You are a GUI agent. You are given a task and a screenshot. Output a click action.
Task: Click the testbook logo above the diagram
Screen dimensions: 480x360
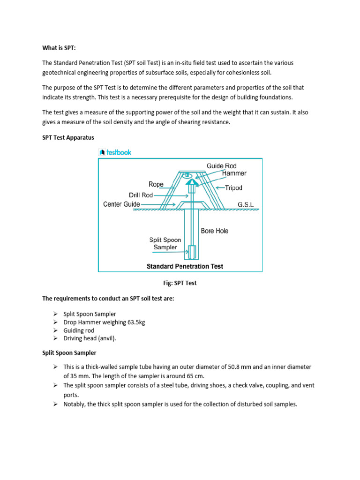tap(115, 152)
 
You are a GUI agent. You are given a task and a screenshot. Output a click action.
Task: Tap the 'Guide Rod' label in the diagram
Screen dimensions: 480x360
tap(221, 166)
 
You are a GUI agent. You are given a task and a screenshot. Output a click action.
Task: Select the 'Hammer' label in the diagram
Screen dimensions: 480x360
tap(234, 173)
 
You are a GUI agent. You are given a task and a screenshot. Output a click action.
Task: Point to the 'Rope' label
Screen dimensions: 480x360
tap(156, 184)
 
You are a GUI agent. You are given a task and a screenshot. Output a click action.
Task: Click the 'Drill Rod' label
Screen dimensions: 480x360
tap(141, 195)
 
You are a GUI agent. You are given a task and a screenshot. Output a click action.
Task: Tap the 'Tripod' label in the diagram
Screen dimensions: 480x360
tap(233, 188)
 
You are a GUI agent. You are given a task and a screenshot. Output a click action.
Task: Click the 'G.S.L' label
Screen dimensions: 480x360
tap(246, 205)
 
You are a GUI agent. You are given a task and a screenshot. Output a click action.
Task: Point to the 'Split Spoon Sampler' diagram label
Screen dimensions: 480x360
tap(165, 243)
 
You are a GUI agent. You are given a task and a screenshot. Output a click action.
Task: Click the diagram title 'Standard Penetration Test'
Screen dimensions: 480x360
tap(185, 266)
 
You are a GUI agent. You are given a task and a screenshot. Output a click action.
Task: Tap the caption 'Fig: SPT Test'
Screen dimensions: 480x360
tap(180, 283)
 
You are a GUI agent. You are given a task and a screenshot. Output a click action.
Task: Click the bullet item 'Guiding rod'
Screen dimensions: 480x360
tap(79, 330)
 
